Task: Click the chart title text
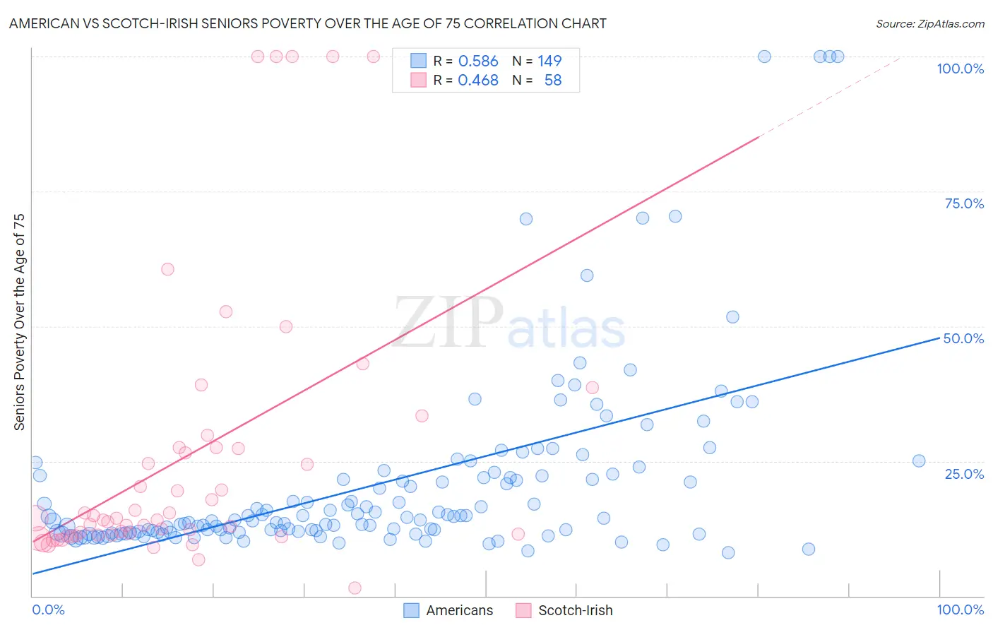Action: point(307,23)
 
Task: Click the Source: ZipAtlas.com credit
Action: point(929,23)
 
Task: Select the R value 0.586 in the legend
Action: point(478,61)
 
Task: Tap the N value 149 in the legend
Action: point(549,61)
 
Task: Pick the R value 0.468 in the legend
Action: point(478,81)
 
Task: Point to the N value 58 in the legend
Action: point(553,81)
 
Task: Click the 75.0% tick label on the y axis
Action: point(964,203)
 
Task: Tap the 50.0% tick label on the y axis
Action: point(964,338)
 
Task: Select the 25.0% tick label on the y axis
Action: point(964,474)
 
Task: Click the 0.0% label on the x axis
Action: point(48,610)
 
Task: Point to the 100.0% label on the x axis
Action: point(960,610)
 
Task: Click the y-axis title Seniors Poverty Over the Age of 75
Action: point(20,322)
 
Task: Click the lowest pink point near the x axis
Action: point(355,588)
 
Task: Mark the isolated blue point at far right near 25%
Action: point(919,460)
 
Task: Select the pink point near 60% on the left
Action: point(167,269)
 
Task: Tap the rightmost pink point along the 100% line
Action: point(374,57)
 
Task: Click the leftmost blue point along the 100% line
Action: point(764,57)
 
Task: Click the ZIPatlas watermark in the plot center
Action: point(509,323)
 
